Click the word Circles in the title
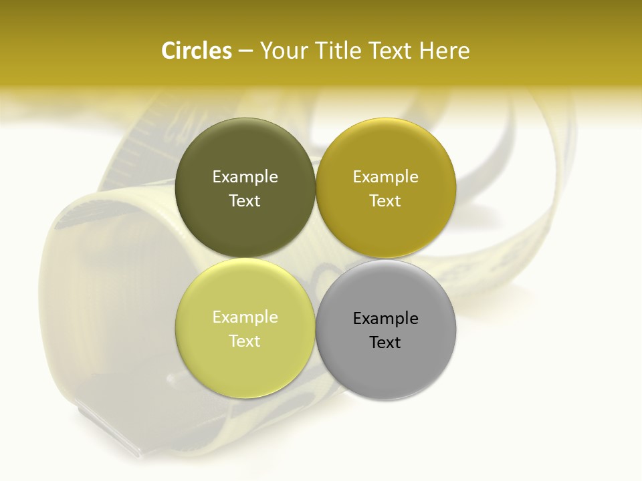(x=196, y=51)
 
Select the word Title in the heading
(x=339, y=51)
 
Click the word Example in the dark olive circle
(x=245, y=177)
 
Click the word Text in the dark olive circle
(x=245, y=200)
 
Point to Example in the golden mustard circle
(x=386, y=177)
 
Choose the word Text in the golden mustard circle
(x=386, y=200)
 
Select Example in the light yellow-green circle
(x=245, y=317)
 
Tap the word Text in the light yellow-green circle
(x=245, y=341)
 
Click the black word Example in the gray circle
(x=386, y=319)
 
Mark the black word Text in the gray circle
(x=386, y=342)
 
